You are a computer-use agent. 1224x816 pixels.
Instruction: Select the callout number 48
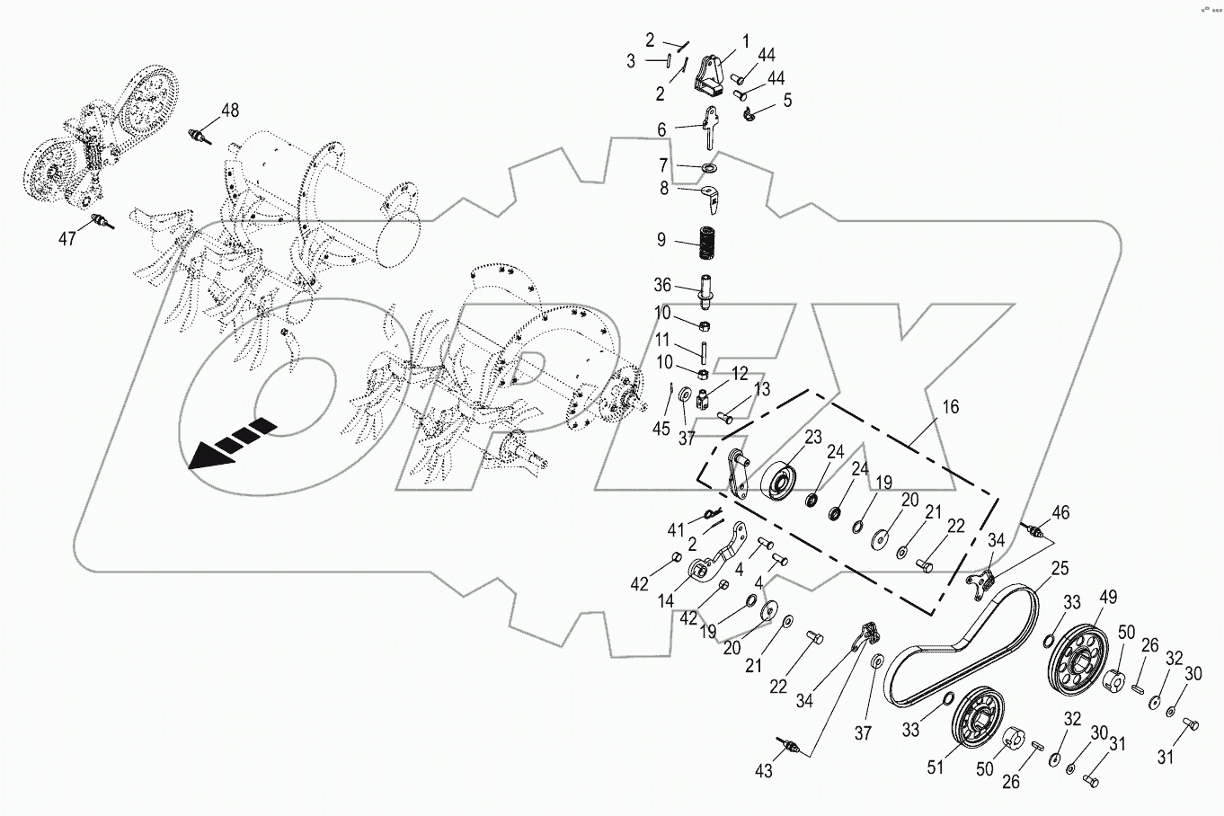coord(230,111)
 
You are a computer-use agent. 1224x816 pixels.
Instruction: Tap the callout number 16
coord(951,407)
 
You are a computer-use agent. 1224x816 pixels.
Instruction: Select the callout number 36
coord(662,285)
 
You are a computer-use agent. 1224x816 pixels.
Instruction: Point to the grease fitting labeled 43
coord(789,747)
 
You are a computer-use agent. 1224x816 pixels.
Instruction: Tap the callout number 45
coord(661,429)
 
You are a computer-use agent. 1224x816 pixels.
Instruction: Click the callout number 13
coord(762,389)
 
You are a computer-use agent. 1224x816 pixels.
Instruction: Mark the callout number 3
coord(631,61)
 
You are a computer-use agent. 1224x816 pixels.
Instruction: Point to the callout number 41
coord(675,529)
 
